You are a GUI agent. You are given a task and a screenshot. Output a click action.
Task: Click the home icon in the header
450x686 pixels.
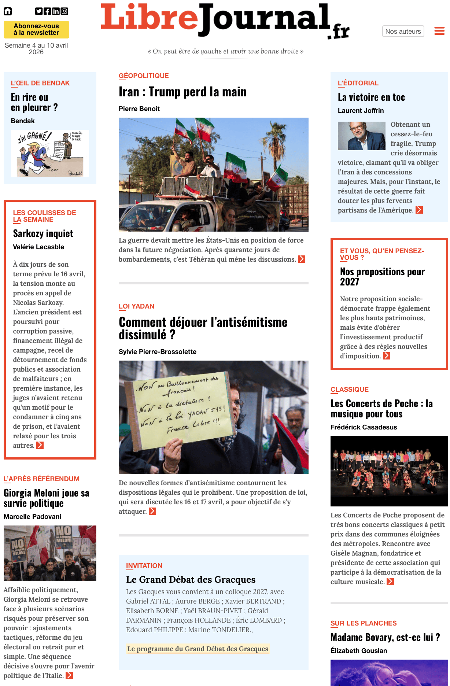(8, 11)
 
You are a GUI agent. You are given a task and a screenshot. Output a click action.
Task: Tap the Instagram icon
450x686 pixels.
(64, 11)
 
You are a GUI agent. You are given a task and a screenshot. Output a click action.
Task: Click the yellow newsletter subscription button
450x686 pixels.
(36, 30)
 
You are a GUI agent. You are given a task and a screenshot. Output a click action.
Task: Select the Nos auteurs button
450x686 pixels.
(403, 32)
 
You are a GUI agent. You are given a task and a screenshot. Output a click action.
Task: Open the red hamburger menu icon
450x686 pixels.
(439, 31)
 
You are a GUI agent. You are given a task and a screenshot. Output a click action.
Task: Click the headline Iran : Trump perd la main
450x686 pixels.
(182, 92)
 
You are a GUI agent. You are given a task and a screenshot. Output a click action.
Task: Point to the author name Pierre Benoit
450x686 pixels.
(139, 109)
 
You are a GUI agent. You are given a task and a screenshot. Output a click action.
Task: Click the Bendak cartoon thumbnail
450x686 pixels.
(50, 153)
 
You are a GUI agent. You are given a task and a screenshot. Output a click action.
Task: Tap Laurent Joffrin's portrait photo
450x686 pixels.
(361, 136)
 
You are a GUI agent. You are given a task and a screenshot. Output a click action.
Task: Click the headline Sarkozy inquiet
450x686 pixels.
(43, 234)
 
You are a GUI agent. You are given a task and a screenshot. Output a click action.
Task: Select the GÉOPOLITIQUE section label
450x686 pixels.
(144, 76)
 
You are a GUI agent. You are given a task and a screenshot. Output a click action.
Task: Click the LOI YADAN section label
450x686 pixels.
(136, 306)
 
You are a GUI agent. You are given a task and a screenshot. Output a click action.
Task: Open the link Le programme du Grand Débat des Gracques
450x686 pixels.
(198, 649)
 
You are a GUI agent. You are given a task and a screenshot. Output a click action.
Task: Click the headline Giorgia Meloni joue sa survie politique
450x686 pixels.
(47, 498)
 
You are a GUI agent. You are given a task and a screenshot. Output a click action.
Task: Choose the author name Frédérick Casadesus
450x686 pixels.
(364, 427)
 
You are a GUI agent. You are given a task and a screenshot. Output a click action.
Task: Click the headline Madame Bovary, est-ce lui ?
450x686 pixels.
(385, 638)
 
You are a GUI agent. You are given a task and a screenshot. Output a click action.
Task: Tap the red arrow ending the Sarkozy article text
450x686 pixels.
(40, 446)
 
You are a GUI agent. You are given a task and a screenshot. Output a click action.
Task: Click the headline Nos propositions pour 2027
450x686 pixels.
(382, 277)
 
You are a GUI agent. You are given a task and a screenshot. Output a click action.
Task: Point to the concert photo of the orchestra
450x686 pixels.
(389, 471)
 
